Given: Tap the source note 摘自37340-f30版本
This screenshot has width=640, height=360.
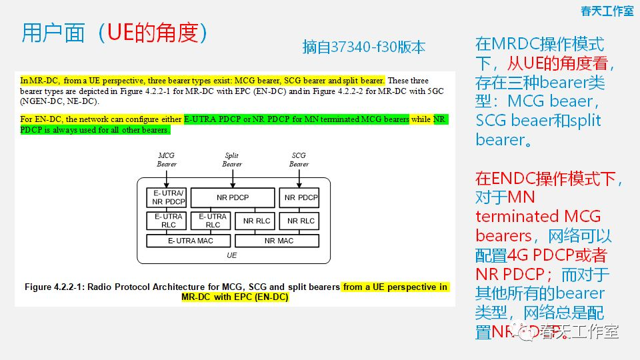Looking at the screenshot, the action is [x=363, y=47].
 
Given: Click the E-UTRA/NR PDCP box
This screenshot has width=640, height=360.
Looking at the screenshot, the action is [x=166, y=197].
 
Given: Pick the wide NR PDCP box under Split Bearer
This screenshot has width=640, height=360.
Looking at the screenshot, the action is [x=233, y=197].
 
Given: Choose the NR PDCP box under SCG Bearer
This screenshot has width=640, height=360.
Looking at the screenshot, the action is [x=301, y=197].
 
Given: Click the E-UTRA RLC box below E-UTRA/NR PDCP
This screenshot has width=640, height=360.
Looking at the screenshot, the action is [x=166, y=221].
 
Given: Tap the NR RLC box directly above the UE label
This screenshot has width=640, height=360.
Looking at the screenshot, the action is [x=256, y=221].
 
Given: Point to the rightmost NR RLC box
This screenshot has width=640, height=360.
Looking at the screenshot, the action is [x=301, y=221].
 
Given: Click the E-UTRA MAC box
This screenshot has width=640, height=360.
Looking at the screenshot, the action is [x=189, y=241].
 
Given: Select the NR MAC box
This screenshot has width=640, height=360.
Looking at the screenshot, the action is [x=278, y=241].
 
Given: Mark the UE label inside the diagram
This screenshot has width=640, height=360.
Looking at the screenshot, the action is [x=232, y=255].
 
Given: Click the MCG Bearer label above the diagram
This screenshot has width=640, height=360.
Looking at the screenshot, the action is [x=166, y=159].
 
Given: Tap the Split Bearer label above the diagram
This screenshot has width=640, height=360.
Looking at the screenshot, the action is [x=232, y=159].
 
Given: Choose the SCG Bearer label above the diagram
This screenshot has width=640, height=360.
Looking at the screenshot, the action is [x=299, y=159].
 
